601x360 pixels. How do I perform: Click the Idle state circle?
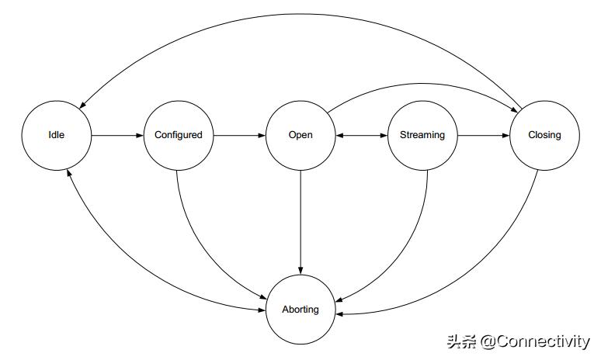tap(57, 135)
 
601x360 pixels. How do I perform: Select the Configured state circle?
tap(178, 135)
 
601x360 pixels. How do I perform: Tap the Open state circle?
tap(300, 135)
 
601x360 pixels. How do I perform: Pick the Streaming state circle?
tap(422, 135)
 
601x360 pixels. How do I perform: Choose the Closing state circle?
tap(544, 135)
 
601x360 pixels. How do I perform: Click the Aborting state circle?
tap(300, 310)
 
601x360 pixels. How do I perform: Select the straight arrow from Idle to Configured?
tap(117, 135)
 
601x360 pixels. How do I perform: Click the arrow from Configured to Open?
tap(239, 135)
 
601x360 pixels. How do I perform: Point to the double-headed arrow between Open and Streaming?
tap(361, 135)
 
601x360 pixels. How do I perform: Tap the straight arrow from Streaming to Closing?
tap(483, 135)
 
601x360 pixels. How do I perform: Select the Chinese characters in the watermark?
tap(461, 342)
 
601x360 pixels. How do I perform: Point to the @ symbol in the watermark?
tap(488, 342)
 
